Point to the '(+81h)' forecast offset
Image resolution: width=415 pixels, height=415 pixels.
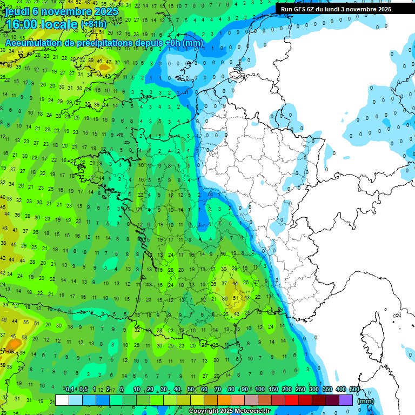(93, 24)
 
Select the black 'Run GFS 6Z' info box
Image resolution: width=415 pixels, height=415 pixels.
(344, 9)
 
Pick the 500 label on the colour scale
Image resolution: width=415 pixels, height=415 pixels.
(354, 390)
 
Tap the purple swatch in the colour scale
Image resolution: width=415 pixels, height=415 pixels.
(346, 400)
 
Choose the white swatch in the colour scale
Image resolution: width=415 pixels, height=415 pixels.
(62, 400)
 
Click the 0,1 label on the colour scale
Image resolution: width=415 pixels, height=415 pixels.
(70, 390)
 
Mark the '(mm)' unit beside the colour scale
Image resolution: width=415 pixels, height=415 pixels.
(366, 401)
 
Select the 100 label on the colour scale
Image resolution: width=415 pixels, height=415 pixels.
(260, 390)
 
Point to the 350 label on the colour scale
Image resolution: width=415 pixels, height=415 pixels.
(327, 390)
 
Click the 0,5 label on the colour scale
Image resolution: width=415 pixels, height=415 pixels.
(84, 390)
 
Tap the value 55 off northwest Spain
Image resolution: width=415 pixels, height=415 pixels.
(26, 322)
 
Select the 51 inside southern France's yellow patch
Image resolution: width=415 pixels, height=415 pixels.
(236, 298)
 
